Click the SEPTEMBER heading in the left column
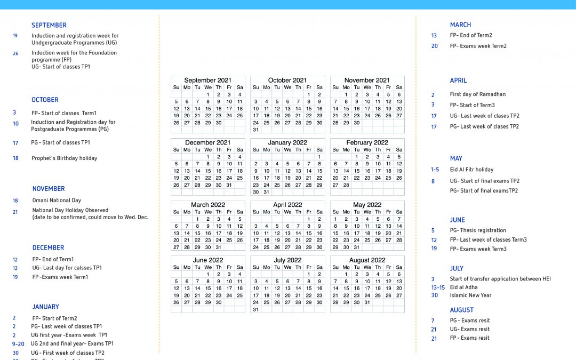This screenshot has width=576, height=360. tap(49, 25)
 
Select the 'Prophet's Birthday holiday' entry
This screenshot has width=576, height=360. tap(64, 158)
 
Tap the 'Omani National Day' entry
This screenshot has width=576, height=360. tap(57, 201)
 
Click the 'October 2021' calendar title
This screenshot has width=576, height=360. tap(287, 81)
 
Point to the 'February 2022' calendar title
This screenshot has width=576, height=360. tap(367, 143)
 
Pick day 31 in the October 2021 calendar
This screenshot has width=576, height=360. tap(256, 130)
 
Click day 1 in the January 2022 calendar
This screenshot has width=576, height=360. tap(319, 157)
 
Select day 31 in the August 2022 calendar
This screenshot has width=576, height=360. tap(367, 302)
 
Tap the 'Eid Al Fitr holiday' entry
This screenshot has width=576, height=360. tap(471, 170)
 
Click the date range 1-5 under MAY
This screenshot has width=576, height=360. tap(435, 170)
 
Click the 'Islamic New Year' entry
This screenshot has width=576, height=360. tap(470, 295)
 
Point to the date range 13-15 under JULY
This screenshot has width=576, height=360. tap(438, 287)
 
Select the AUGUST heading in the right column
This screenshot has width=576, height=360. tap(461, 310)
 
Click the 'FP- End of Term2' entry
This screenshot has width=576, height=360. tap(471, 35)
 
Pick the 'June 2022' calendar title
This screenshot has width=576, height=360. tap(207, 260)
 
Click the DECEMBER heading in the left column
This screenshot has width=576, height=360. tap(48, 247)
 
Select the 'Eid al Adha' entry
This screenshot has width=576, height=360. tap(463, 287)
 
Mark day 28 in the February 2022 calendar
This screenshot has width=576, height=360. tap(346, 185)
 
